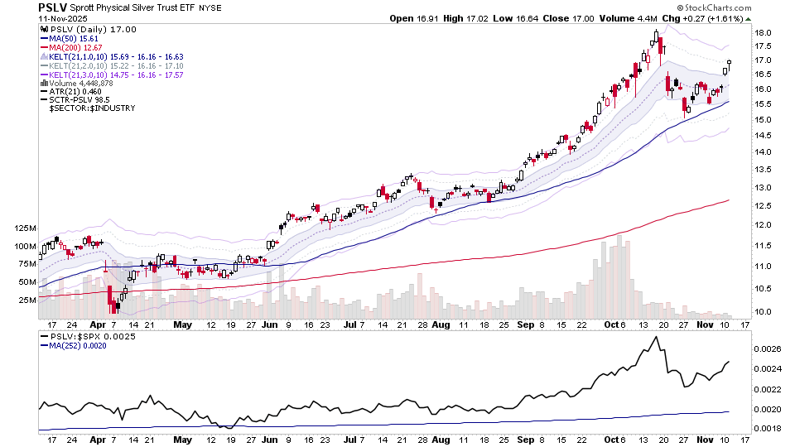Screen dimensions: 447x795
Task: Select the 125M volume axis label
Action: click(x=24, y=228)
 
